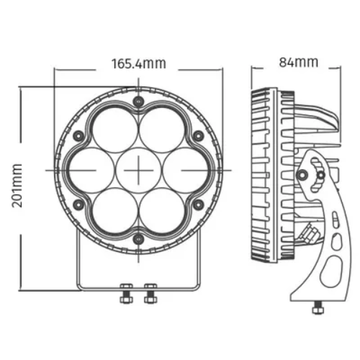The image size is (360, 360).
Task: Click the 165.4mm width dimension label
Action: pyautogui.click(x=139, y=63)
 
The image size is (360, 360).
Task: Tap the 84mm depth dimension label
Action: pyautogui.click(x=299, y=62)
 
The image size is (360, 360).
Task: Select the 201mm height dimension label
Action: pyautogui.click(x=17, y=186)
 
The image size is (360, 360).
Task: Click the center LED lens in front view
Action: pyautogui.click(x=138, y=170)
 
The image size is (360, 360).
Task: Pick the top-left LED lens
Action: pyautogui.click(x=115, y=130)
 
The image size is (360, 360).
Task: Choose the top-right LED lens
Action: pyautogui.click(x=162, y=130)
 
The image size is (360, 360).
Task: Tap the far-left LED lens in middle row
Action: pyautogui.click(x=91, y=170)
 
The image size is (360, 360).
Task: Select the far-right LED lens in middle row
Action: pyautogui.click(x=185, y=170)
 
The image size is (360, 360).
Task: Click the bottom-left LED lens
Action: pyautogui.click(x=115, y=210)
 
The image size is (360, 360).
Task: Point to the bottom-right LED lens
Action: pyautogui.click(x=162, y=210)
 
